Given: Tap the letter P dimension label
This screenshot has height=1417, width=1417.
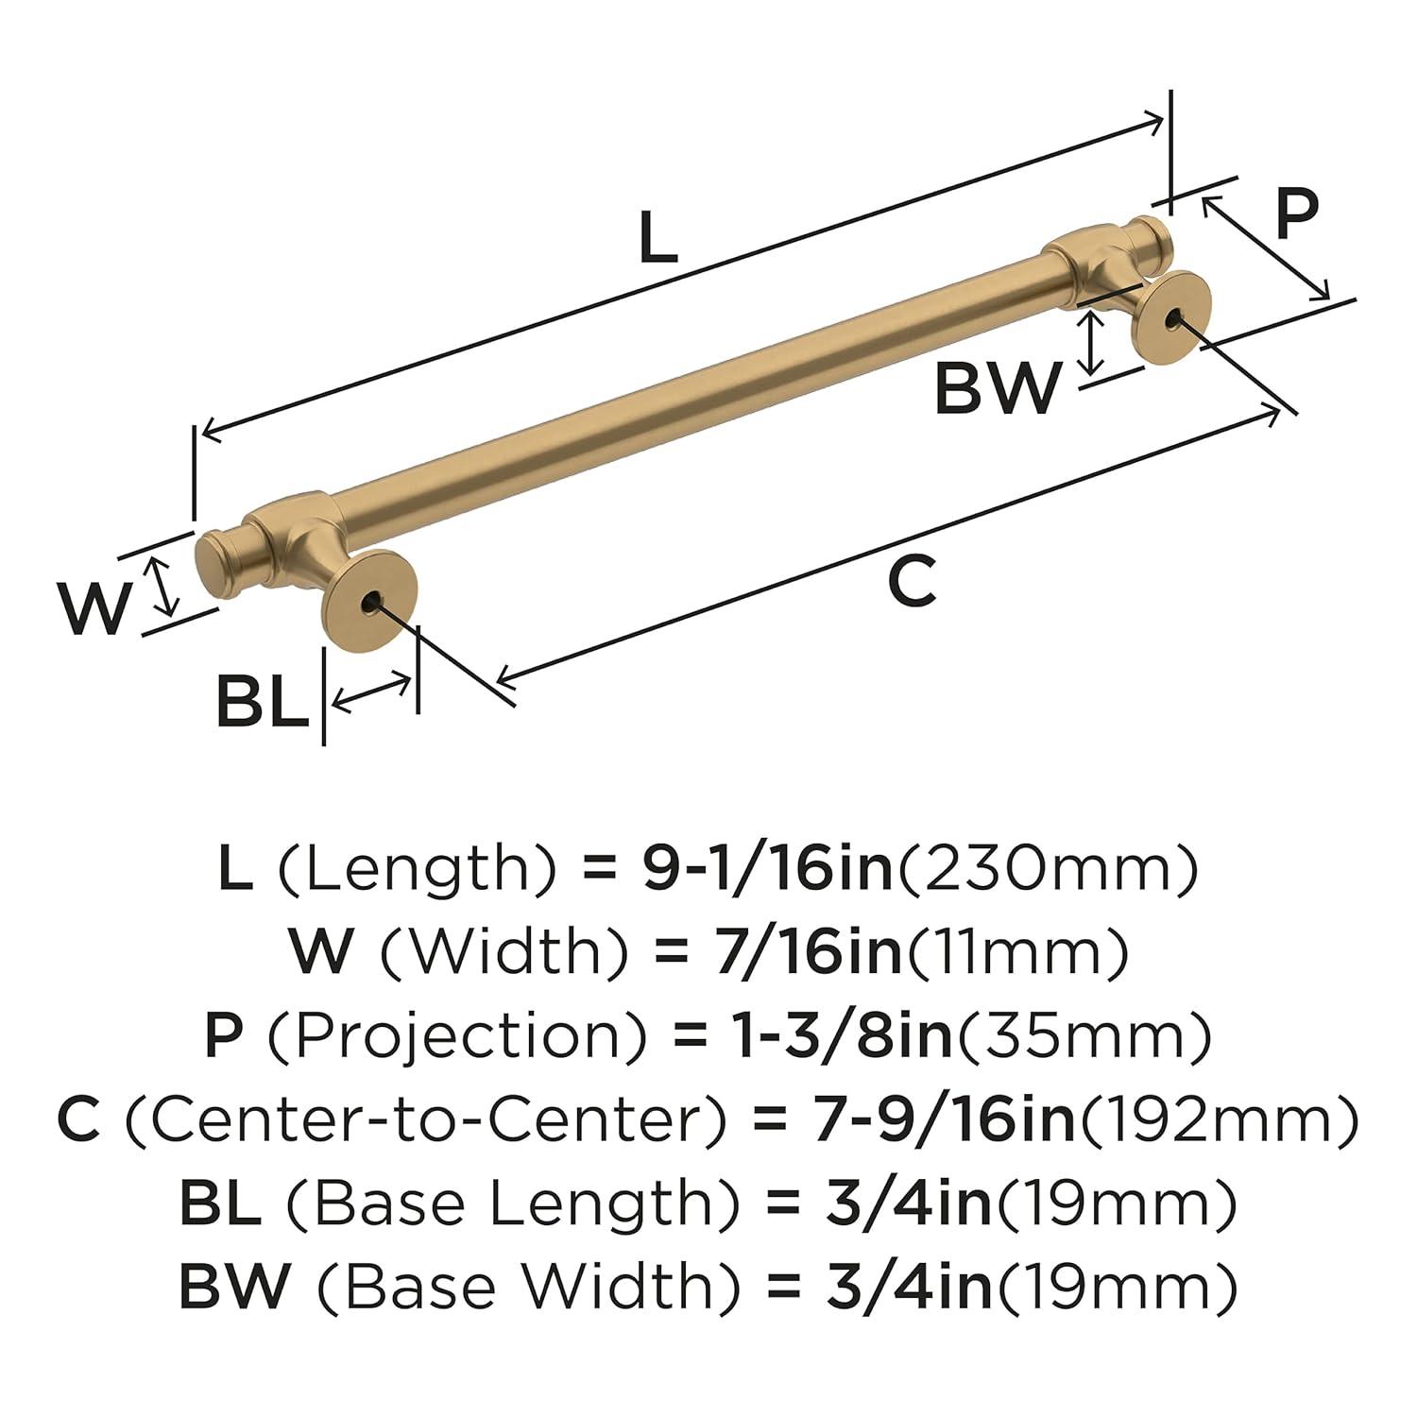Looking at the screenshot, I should click(1296, 215).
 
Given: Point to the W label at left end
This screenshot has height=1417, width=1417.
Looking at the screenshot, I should click(94, 609).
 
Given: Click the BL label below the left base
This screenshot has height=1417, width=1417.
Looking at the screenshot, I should click(262, 700).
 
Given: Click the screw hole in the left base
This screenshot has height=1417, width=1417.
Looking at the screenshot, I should click(370, 601).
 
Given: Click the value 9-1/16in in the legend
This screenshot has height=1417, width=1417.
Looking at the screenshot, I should click(766, 869).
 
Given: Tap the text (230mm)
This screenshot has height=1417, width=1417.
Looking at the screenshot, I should click(1047, 869).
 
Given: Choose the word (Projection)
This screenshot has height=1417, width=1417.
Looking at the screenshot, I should click(457, 1036).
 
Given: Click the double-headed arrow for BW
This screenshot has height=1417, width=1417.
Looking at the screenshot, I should click(1093, 343).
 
